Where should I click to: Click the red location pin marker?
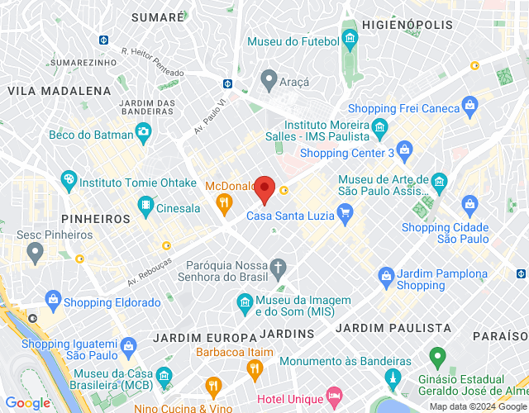[x=264, y=189]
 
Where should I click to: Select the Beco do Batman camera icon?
[x=144, y=131]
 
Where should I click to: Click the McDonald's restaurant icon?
[x=223, y=202]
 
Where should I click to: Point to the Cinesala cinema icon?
[x=146, y=204]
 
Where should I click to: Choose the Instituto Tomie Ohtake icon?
[x=69, y=178]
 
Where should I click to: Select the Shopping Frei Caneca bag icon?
[x=470, y=105]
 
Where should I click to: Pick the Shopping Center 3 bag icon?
[x=404, y=150]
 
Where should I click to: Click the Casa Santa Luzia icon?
[x=346, y=216]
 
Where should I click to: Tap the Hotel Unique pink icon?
[x=334, y=397]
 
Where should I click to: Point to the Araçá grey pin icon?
[x=268, y=79]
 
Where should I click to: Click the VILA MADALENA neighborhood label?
[x=59, y=90]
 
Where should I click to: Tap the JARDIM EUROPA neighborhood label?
[x=205, y=337]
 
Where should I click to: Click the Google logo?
[x=28, y=403]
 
